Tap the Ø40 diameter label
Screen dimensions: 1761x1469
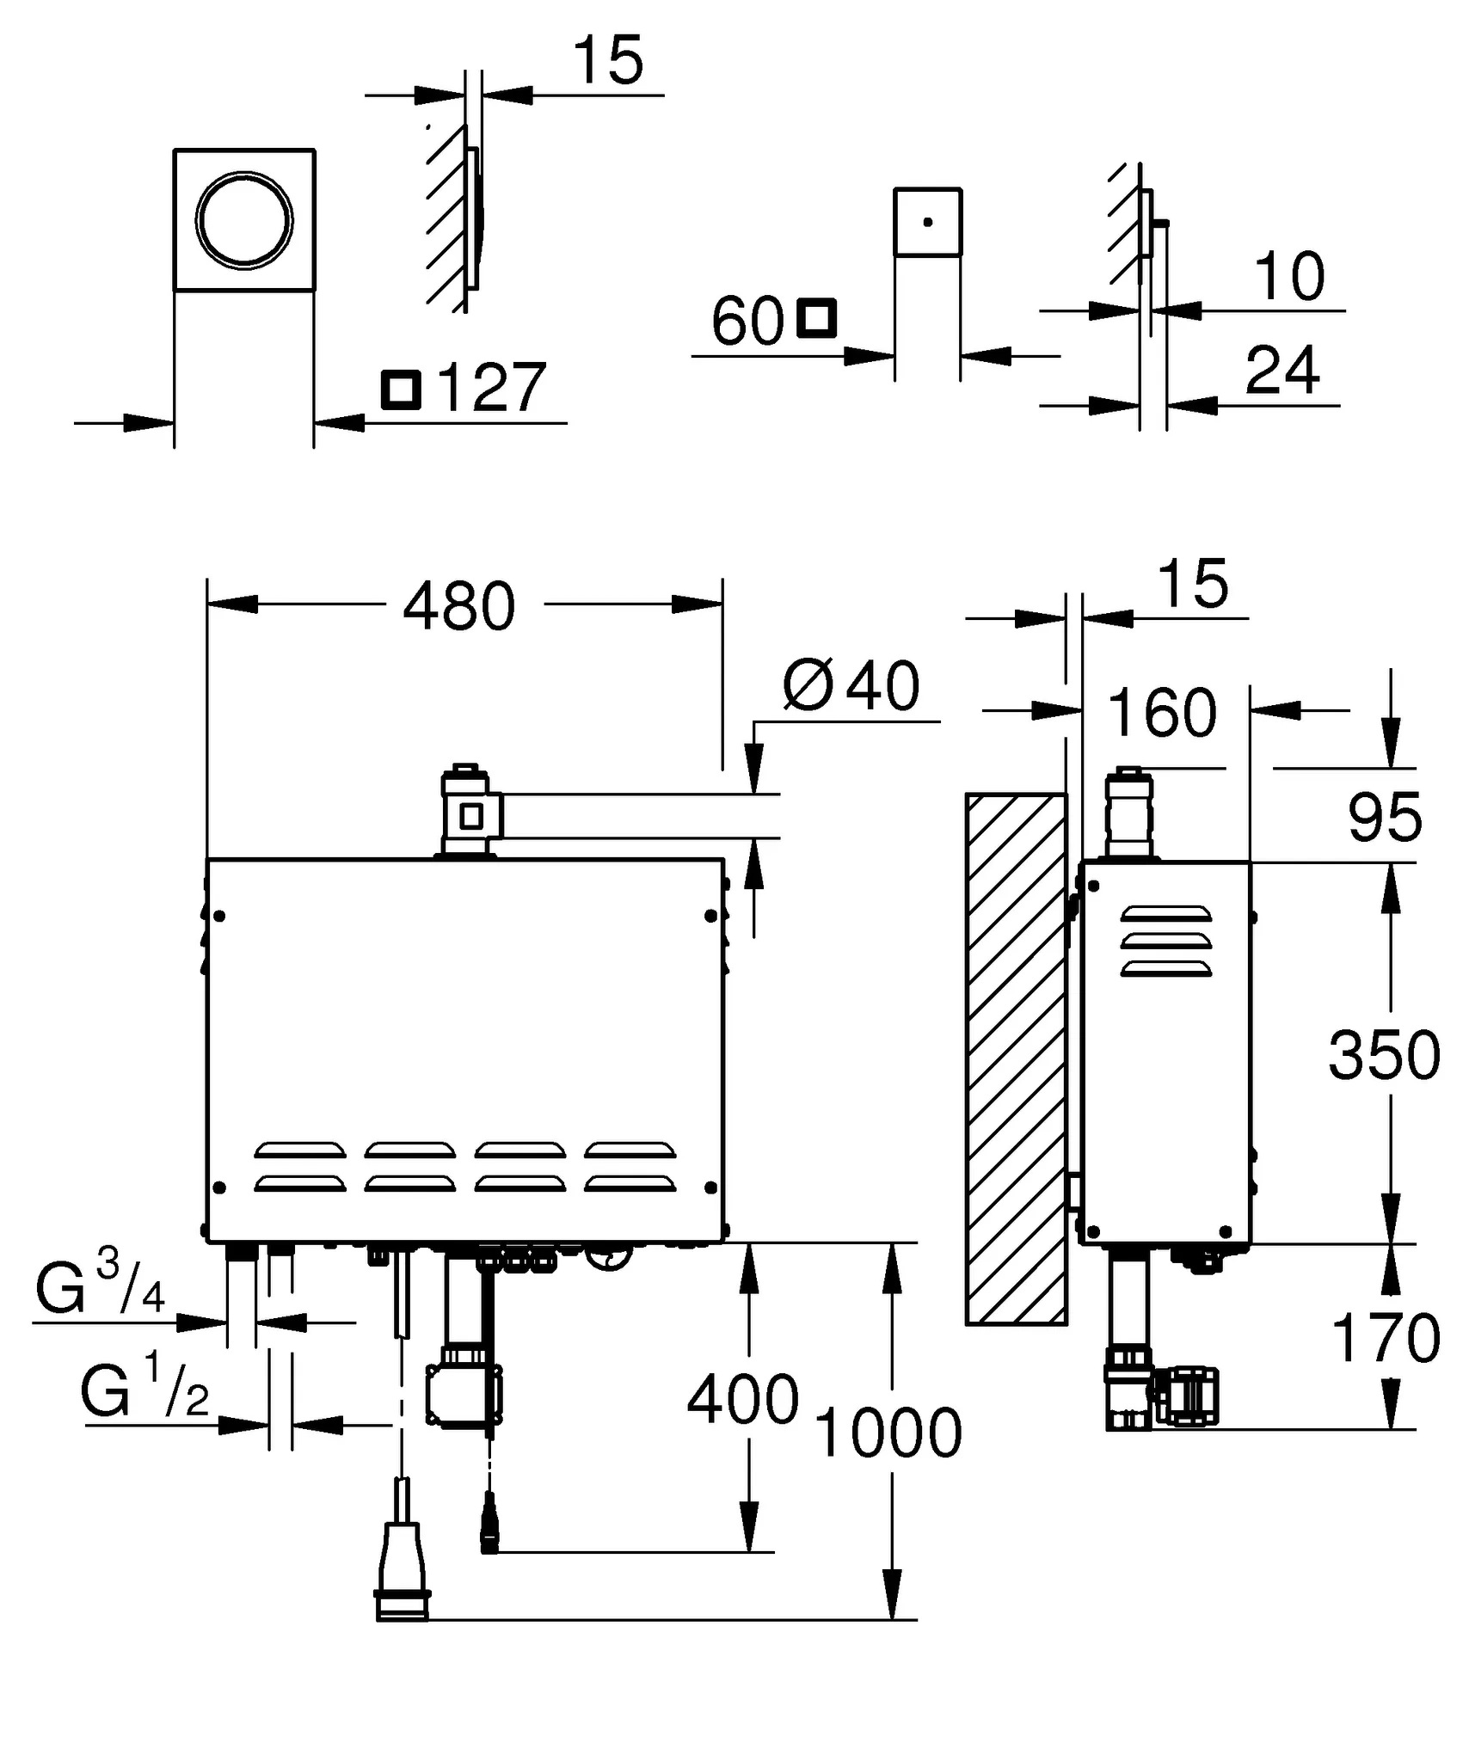[851, 686]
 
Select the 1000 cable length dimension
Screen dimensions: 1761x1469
[888, 1433]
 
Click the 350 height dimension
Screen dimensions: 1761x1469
[1384, 1055]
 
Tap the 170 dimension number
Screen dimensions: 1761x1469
[1385, 1337]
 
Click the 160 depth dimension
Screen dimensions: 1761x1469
[1162, 712]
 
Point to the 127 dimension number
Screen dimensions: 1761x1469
[491, 388]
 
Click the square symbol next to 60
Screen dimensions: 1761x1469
[815, 318]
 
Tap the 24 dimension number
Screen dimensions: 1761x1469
[1282, 370]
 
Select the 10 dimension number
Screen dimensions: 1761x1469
[1288, 277]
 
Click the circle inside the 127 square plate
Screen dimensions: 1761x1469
[244, 220]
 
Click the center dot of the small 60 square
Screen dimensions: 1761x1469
[927, 222]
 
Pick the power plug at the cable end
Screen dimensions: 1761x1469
[403, 1573]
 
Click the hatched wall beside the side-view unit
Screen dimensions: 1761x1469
[1016, 1058]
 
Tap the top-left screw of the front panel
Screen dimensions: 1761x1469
[220, 917]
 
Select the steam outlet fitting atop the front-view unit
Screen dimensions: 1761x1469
[466, 812]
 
